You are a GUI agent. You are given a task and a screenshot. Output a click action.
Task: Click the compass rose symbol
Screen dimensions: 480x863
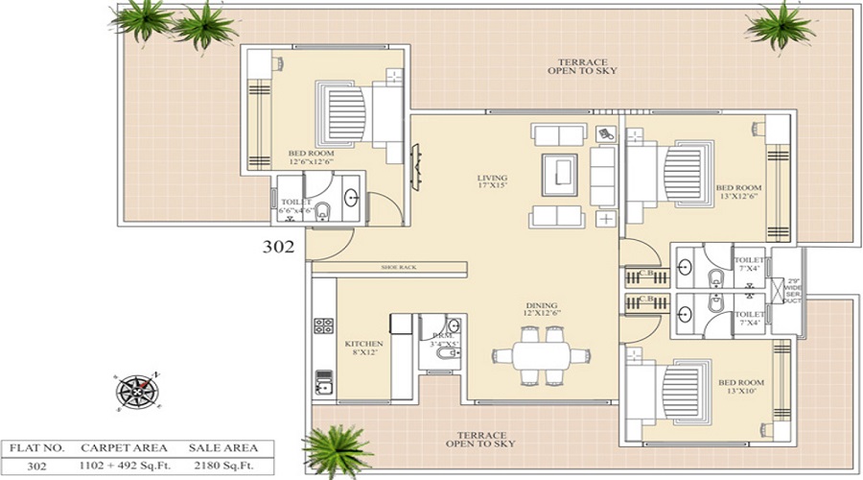[137, 390]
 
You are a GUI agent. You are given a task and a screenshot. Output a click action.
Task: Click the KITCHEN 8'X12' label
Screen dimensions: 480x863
[363, 348]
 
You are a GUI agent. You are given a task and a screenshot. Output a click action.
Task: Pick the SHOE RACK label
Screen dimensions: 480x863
[398, 267]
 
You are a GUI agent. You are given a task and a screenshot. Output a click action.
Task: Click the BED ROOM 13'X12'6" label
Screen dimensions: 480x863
[738, 192]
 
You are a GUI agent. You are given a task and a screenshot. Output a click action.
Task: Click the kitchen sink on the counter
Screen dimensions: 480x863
[324, 387]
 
